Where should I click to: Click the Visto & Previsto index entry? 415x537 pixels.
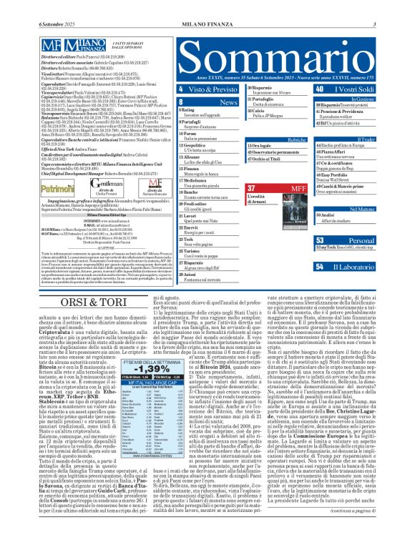(x=194, y=89)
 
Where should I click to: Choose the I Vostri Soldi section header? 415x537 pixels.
(x=348, y=89)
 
